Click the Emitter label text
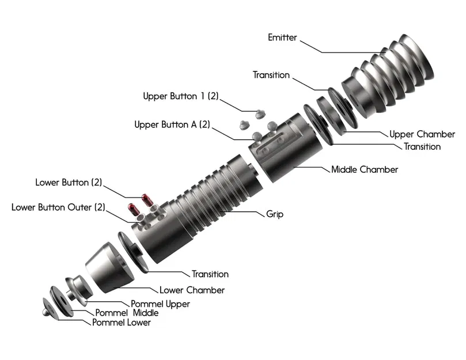point(282,37)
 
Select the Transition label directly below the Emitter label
point(271,75)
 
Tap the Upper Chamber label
point(422,134)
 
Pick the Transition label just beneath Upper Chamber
point(422,147)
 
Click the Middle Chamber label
point(365,170)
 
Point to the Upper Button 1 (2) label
point(181,96)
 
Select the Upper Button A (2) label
point(172,124)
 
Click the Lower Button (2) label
point(69,183)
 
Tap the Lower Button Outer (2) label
point(58,207)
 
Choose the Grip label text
point(275,214)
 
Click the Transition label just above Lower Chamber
point(210,274)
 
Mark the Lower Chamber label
point(192,290)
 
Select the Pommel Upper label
point(160,304)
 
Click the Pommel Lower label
point(122,323)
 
